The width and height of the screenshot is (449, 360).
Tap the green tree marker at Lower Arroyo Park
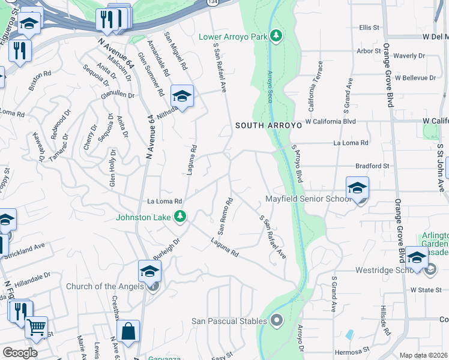click(x=276, y=36)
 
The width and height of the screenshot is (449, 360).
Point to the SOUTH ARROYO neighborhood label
click(x=267, y=125)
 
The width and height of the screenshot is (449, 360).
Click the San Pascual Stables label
click(x=229, y=320)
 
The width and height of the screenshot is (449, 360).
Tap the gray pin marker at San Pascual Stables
click(x=277, y=320)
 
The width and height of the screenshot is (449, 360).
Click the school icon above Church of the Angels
click(x=149, y=271)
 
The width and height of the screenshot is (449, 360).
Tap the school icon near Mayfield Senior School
click(x=357, y=188)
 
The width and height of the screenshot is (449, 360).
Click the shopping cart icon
click(x=37, y=328)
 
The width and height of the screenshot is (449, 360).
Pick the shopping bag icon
click(x=128, y=331)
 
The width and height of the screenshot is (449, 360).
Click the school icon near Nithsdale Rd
click(x=182, y=96)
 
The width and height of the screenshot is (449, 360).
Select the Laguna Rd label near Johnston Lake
click(x=224, y=247)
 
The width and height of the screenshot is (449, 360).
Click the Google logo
click(x=20, y=353)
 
